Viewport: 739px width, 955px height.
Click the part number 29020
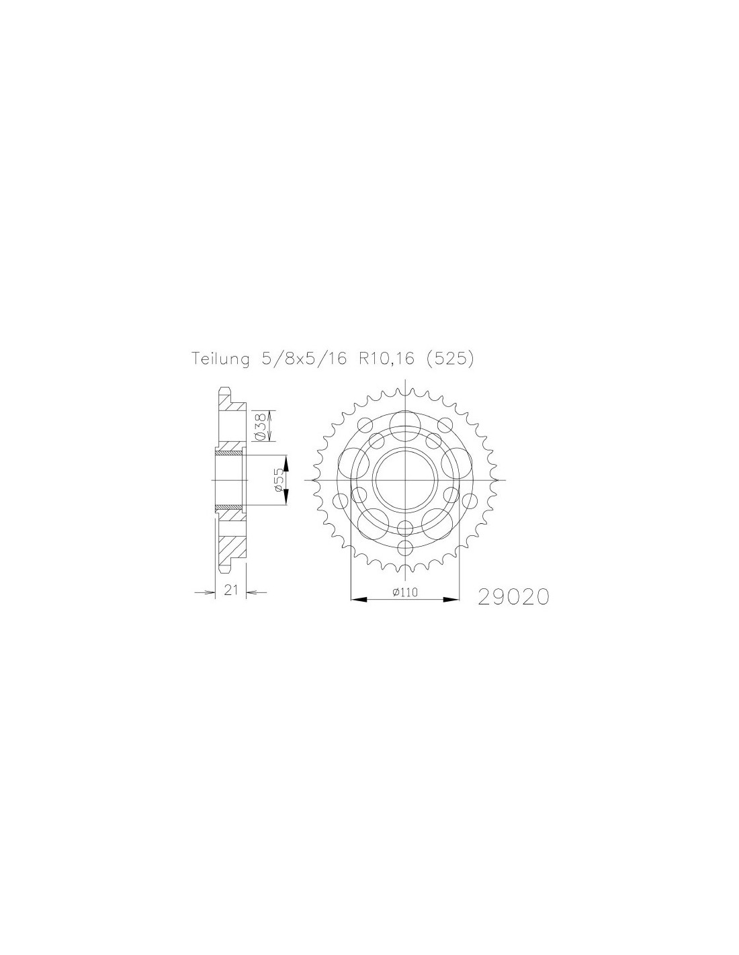[513, 597]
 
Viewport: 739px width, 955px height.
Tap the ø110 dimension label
[404, 592]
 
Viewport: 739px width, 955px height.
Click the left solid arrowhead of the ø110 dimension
[358, 598]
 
